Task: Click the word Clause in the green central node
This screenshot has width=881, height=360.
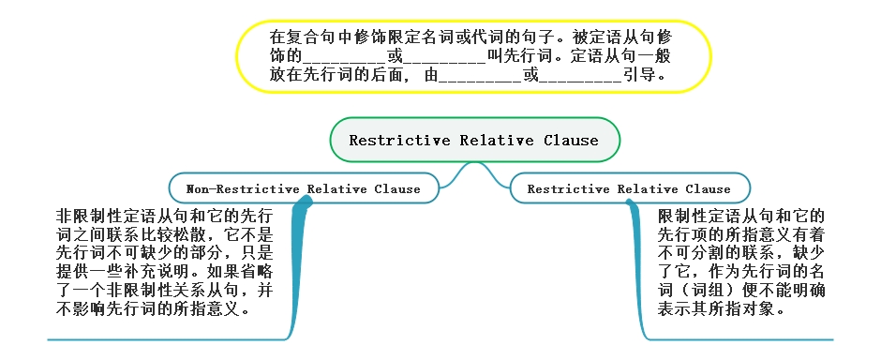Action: [570, 141]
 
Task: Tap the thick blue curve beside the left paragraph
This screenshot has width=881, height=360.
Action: [300, 272]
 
